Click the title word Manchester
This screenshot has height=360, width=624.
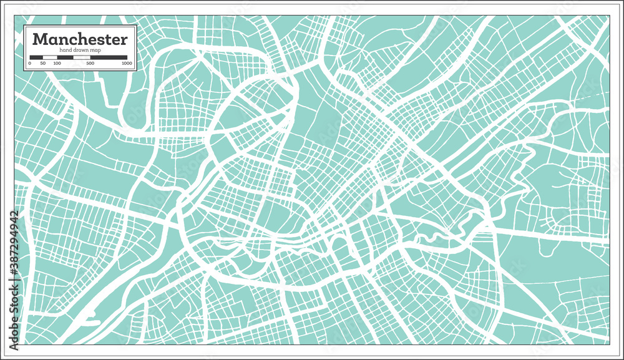pyautogui.click(x=80, y=40)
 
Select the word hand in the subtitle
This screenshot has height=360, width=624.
pyautogui.click(x=66, y=50)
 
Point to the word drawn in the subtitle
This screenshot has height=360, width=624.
pyautogui.click(x=79, y=50)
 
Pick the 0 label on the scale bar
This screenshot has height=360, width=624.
pyautogui.click(x=30, y=63)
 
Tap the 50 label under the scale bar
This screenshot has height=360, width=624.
pyautogui.click(x=43, y=63)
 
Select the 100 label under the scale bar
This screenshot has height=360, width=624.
pyautogui.click(x=57, y=63)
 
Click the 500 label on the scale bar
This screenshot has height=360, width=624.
pyautogui.click(x=90, y=63)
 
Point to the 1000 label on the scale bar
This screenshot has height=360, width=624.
pyautogui.click(x=126, y=63)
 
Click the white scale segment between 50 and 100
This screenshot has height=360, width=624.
pyautogui.click(x=50, y=57)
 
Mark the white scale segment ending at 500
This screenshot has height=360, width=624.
pyautogui.click(x=82, y=57)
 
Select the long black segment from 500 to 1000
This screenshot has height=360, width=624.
pyautogui.click(x=109, y=57)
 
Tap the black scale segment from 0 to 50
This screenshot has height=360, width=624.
pyautogui.click(x=36, y=57)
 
